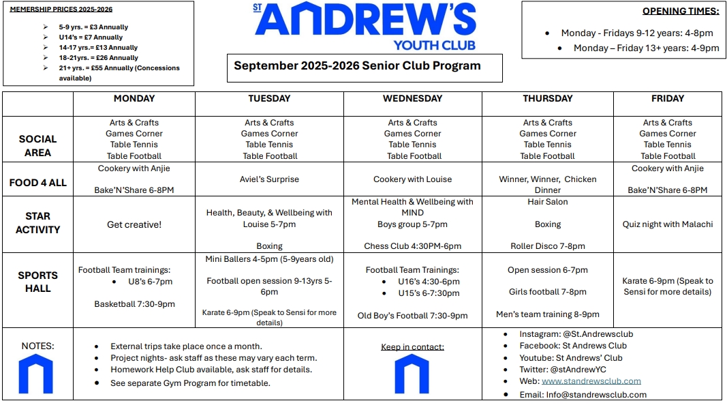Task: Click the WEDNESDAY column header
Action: [x=412, y=99]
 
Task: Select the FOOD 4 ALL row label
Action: [x=38, y=183]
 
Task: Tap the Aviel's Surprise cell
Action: [x=269, y=179]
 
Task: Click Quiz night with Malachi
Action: [x=667, y=224]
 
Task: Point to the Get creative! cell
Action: [x=134, y=224]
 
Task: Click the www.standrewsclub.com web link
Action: [x=591, y=381]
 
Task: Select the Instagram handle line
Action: [x=576, y=334]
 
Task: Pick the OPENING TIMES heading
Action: [x=681, y=11]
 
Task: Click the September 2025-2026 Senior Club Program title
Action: [x=357, y=66]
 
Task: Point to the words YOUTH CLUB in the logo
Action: [x=434, y=45]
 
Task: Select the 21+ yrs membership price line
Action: [x=119, y=68]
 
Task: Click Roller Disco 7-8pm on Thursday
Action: [x=548, y=246]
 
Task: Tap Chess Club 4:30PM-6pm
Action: [x=412, y=246]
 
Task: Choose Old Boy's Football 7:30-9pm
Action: [x=412, y=316]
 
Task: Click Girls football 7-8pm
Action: [x=548, y=292]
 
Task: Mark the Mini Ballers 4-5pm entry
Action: [x=269, y=259]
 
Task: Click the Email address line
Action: [x=583, y=394]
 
